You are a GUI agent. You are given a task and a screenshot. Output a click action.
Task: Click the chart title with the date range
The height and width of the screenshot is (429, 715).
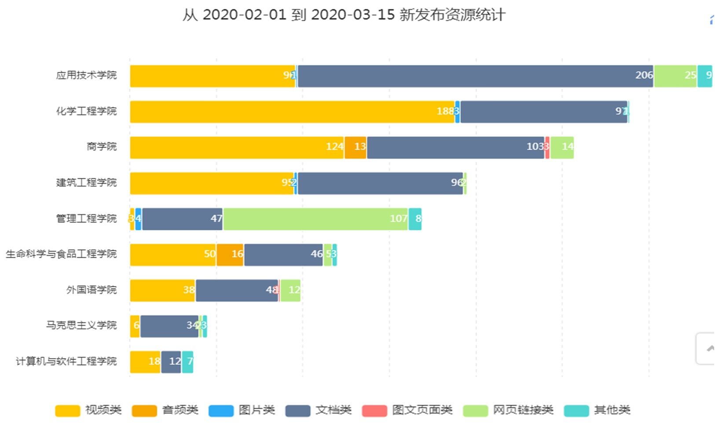(x=344, y=15)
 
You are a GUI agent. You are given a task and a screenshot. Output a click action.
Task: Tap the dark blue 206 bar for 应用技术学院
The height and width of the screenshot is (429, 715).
(x=475, y=76)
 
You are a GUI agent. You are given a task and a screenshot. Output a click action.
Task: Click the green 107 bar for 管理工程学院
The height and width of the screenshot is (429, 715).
(x=315, y=219)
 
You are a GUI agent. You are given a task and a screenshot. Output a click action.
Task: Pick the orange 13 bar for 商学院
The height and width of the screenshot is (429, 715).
(x=356, y=148)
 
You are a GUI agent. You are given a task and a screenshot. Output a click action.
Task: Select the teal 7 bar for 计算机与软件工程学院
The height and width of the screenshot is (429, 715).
(x=187, y=362)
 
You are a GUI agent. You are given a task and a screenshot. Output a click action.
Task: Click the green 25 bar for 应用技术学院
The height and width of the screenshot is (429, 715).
(x=675, y=76)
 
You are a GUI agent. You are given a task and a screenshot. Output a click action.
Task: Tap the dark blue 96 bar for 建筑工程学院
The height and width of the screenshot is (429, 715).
(x=380, y=183)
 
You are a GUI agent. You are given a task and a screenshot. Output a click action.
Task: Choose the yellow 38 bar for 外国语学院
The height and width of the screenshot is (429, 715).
(x=162, y=291)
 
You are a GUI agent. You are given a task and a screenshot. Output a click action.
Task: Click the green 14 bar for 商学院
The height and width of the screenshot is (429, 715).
(x=562, y=148)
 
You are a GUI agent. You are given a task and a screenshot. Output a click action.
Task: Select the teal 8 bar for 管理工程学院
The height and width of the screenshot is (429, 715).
(x=415, y=219)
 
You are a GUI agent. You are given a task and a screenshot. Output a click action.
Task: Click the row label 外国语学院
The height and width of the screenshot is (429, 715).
(x=92, y=290)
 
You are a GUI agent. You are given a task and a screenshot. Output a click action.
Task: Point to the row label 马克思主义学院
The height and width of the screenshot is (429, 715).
(x=81, y=325)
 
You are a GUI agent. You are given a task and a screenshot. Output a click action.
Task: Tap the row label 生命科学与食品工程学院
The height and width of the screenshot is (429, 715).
(x=61, y=254)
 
